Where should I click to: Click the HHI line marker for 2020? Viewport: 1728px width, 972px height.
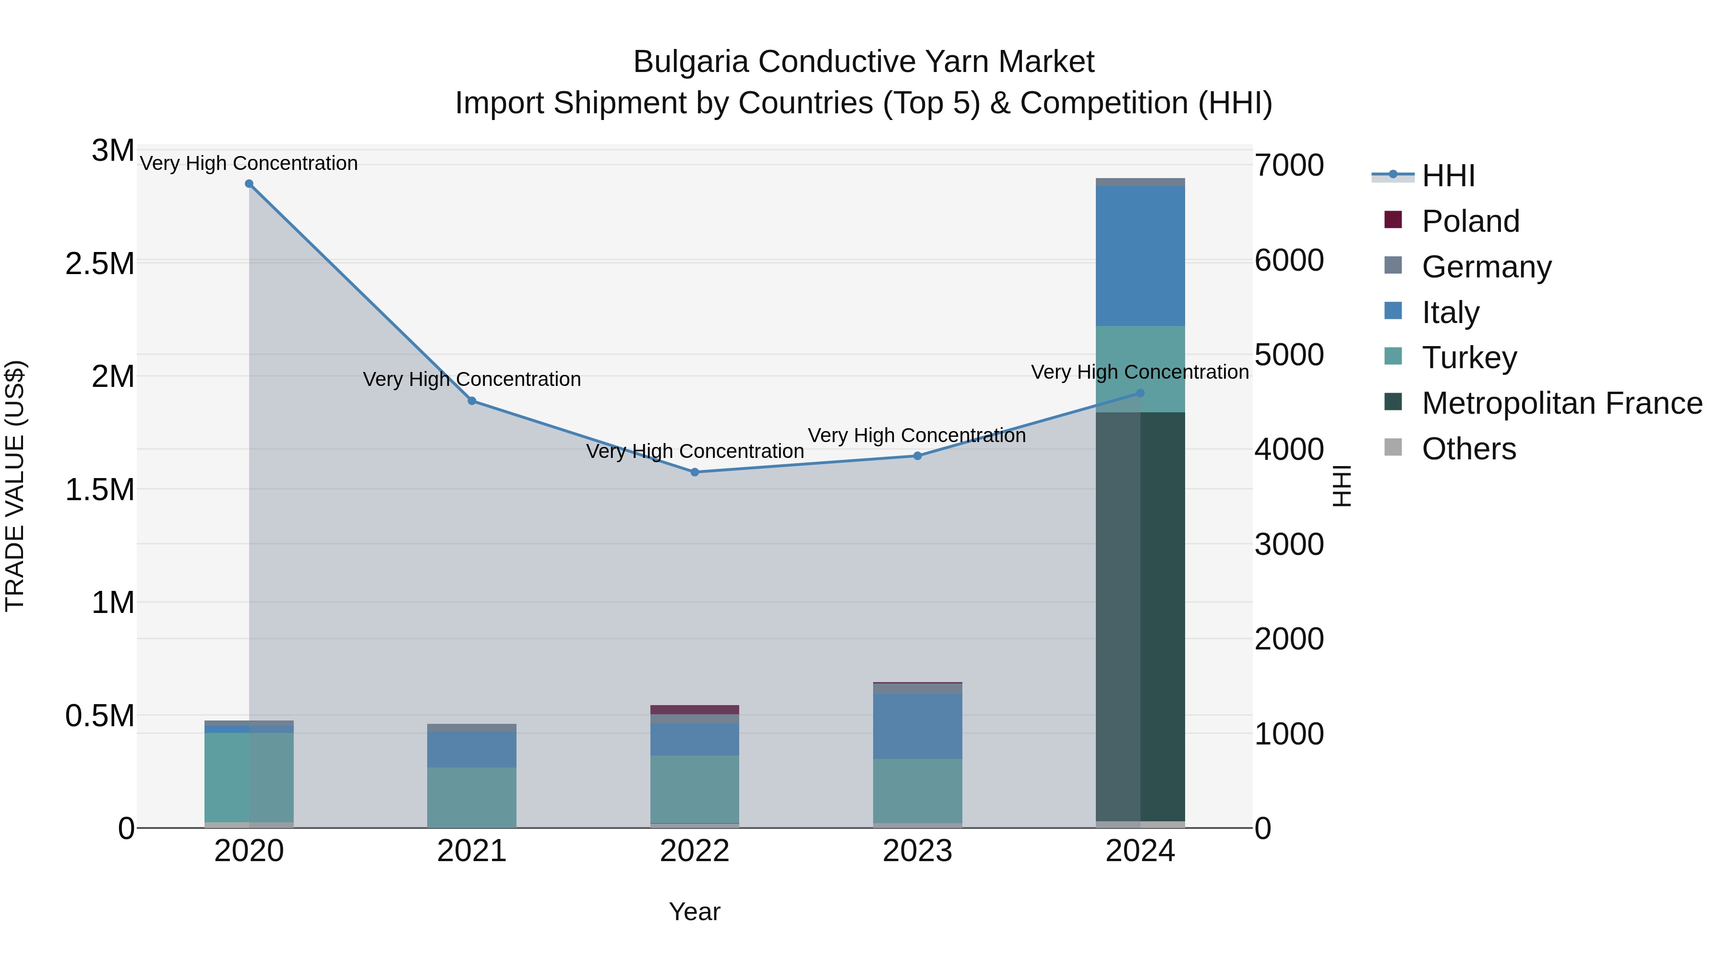[x=249, y=184]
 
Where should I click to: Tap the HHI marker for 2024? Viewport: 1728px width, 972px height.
[x=1140, y=393]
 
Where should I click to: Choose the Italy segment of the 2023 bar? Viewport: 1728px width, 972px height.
[x=917, y=727]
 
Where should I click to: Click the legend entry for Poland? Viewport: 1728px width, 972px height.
[x=1469, y=221]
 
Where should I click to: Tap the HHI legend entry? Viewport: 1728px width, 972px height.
[x=1448, y=176]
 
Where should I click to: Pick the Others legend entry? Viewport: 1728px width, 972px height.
[x=1468, y=449]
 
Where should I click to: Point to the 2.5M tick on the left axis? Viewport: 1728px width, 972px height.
[x=100, y=264]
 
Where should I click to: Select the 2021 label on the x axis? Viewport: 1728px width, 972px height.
[x=471, y=851]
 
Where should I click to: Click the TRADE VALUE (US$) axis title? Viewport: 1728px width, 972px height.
[x=15, y=486]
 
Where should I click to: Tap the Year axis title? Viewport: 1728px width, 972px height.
[x=694, y=912]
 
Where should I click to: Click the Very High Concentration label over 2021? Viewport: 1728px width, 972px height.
[x=471, y=379]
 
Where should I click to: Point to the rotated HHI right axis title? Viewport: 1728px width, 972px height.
[x=1342, y=486]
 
